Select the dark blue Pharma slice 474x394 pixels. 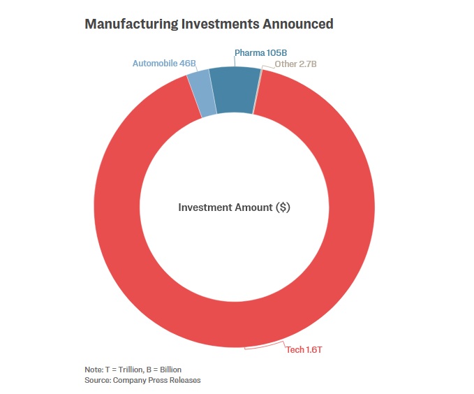tap(233, 90)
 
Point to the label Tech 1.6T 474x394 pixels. tap(304, 349)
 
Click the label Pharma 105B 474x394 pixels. tap(260, 52)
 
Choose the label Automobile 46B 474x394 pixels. tap(164, 63)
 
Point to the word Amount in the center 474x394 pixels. tap(253, 207)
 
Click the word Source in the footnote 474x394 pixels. tap(96, 380)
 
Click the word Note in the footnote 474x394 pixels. tap(92, 369)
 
